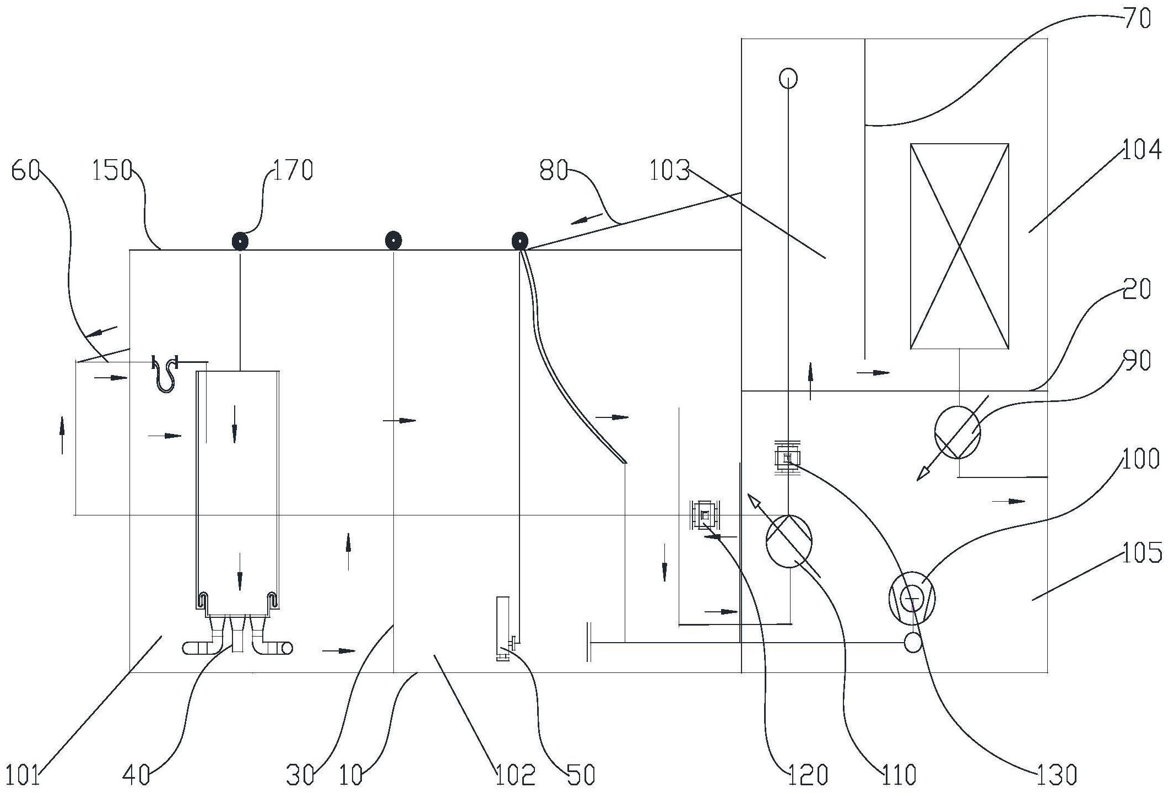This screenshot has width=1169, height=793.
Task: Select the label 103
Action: (669, 171)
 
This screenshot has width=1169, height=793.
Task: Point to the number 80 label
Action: (554, 171)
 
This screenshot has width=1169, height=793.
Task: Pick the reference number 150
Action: (112, 171)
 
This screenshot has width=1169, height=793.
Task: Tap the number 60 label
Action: (25, 171)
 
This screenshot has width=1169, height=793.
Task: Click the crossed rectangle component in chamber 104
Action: (959, 246)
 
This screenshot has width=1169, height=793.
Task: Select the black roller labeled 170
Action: (240, 241)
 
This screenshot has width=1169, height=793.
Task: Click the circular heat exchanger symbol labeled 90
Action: (957, 432)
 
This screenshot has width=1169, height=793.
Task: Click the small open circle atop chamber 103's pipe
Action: (788, 78)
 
